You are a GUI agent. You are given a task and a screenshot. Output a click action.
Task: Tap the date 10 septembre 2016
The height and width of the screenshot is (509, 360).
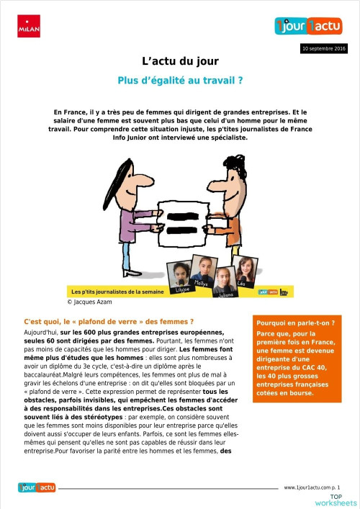pyautogui.click(x=323, y=49)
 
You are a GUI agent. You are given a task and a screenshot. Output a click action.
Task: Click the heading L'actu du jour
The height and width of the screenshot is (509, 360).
pyautogui.click(x=180, y=62)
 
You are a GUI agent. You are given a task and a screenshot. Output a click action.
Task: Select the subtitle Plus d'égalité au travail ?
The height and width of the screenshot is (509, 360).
pyautogui.click(x=180, y=81)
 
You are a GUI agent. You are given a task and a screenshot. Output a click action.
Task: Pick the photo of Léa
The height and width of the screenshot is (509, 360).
pyautogui.click(x=246, y=269)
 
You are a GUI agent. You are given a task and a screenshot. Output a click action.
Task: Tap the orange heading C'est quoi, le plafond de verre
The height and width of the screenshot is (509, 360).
pyautogui.click(x=99, y=320)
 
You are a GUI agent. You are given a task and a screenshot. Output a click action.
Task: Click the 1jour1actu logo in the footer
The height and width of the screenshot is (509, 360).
pyautogui.click(x=37, y=487)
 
